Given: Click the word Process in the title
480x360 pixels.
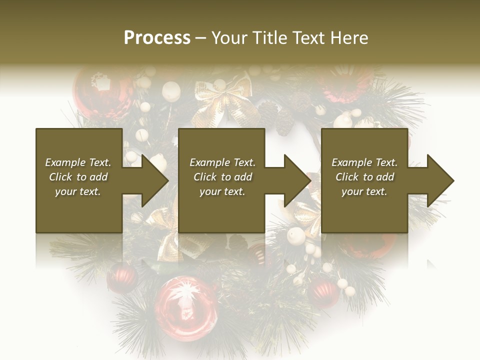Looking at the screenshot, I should tap(157, 37).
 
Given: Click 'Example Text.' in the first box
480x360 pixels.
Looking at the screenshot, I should tap(78, 162).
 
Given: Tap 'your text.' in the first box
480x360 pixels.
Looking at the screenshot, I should tap(78, 191).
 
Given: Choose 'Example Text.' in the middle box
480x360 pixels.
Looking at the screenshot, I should tap(222, 162).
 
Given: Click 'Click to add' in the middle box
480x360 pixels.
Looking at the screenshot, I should tap(222, 177).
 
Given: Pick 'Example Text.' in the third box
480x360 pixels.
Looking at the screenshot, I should tap(364, 162).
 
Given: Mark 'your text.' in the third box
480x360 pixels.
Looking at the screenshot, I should tap(364, 191).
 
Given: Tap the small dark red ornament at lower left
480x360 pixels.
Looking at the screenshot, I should tap(122, 277).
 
